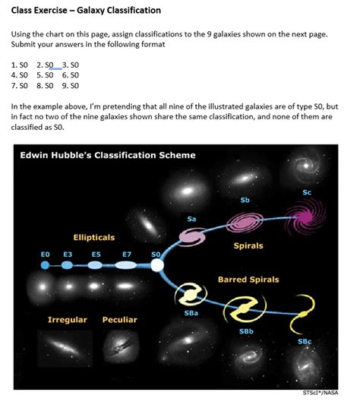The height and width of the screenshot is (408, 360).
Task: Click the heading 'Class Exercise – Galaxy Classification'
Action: [85, 11]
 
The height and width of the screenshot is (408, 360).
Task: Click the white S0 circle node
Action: [157, 265]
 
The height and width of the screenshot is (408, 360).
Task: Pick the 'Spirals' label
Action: [248, 245]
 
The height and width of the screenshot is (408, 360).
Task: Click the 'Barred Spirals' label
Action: [248, 280]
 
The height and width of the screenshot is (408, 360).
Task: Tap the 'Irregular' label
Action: [68, 320]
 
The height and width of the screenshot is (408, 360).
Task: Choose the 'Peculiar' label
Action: [120, 320]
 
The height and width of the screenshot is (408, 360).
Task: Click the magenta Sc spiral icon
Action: [308, 216]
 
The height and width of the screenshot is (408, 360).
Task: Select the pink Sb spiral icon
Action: [245, 222]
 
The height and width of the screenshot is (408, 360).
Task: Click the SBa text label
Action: [191, 312]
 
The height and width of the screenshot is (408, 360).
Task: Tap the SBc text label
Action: [304, 341]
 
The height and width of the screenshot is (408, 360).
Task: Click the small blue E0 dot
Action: [45, 265]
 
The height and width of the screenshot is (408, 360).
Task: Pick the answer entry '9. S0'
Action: [70, 86]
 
